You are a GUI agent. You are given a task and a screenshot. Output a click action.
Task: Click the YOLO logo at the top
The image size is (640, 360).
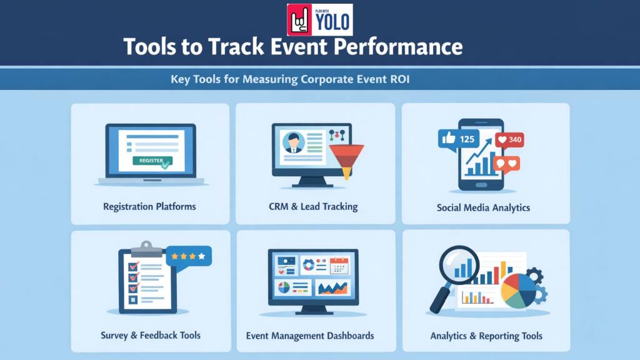click(319, 19)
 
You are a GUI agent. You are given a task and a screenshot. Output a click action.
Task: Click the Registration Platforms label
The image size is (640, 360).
click(149, 206)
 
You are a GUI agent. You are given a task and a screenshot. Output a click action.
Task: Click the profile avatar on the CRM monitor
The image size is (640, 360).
click(291, 143)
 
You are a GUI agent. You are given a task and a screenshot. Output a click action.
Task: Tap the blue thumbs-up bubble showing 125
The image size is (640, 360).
click(459, 139)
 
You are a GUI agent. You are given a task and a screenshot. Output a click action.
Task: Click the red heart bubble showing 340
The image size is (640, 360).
click(509, 140)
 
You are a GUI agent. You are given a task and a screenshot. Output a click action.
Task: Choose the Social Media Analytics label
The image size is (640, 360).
click(483, 207)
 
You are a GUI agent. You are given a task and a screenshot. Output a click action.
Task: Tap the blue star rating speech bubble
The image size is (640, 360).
click(189, 256)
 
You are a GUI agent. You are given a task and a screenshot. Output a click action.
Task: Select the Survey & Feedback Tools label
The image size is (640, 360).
click(151, 336)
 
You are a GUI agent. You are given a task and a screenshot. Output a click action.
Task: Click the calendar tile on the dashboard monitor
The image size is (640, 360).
click(339, 265)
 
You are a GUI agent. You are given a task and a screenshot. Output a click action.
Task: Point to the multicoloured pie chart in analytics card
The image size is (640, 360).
click(518, 289)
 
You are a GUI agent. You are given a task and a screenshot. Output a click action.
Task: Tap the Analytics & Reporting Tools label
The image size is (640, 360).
click(486, 336)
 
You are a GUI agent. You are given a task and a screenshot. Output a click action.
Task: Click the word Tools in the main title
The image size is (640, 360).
click(149, 47)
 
